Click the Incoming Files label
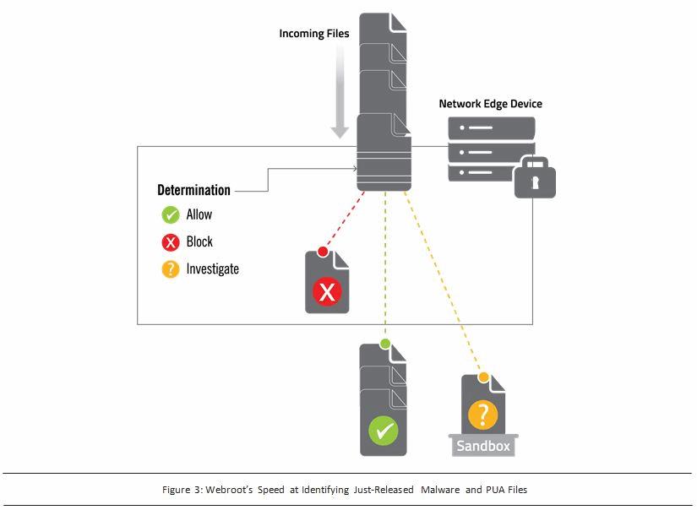click(314, 34)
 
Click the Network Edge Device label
click(490, 104)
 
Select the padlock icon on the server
click(535, 178)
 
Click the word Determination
click(193, 191)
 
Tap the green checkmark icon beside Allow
click(171, 215)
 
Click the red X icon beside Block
click(171, 242)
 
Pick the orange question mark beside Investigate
click(171, 269)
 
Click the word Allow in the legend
click(199, 215)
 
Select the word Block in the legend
click(200, 242)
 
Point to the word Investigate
click(213, 269)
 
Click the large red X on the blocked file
click(326, 292)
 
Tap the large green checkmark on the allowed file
click(383, 431)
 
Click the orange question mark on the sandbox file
click(482, 415)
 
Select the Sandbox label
click(483, 445)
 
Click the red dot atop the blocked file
click(323, 251)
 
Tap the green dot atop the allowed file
click(385, 344)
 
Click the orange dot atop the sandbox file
click(484, 377)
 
